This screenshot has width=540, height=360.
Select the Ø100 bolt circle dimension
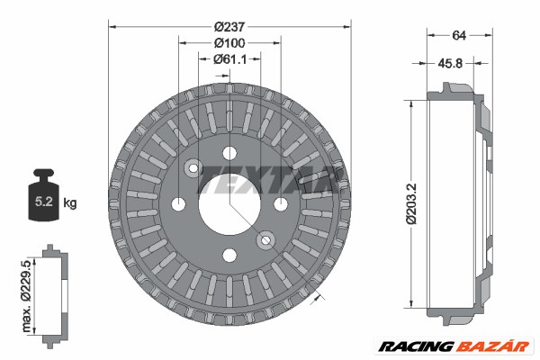click(230, 42)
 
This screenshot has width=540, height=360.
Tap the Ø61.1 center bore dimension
click(230, 58)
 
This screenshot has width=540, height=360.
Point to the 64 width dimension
click(458, 36)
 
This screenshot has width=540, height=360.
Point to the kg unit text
click(70, 203)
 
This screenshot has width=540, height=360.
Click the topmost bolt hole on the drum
click(229, 150)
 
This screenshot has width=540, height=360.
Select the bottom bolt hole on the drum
click(229, 254)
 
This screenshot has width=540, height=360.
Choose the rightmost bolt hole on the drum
click(281, 202)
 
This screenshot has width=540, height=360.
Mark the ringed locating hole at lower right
click(265, 238)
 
